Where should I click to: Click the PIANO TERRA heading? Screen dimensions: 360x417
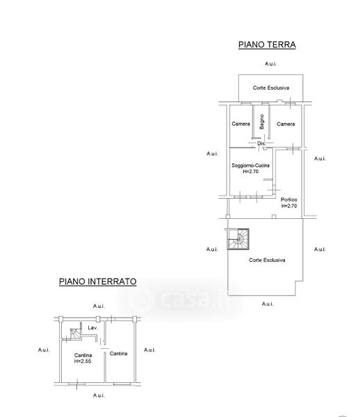click(267, 44)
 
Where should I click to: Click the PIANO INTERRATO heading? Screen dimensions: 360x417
click(97, 281)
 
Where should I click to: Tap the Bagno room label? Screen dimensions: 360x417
click(262, 122)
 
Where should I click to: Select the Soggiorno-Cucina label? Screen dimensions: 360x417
click(250, 165)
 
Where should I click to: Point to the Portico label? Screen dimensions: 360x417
click(289, 199)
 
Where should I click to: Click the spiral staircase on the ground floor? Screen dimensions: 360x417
click(238, 239)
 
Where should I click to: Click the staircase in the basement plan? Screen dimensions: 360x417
click(76, 334)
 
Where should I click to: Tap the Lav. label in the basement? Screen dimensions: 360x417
click(93, 327)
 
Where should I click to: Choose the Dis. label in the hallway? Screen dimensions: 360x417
click(261, 144)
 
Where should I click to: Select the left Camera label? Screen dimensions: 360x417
click(241, 124)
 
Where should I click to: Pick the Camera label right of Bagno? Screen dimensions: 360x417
click(286, 124)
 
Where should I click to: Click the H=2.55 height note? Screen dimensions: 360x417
click(83, 361)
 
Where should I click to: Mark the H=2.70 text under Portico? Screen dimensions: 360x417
click(289, 206)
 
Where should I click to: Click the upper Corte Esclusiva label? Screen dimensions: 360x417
click(271, 88)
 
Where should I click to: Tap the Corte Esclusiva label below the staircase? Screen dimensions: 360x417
click(267, 260)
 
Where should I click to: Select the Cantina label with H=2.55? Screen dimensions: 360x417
click(83, 355)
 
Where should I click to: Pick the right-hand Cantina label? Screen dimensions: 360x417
click(119, 354)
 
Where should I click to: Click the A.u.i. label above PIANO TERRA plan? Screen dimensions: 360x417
click(270, 64)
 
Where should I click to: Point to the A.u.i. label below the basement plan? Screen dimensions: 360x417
click(99, 395)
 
